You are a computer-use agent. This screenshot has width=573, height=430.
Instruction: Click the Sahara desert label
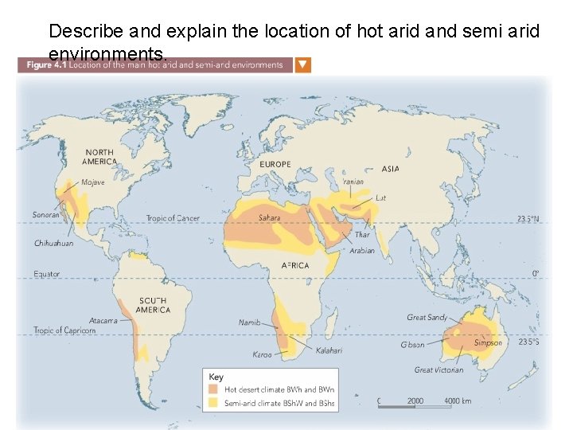(x=269, y=217)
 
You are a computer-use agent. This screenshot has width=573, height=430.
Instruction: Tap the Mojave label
(x=93, y=182)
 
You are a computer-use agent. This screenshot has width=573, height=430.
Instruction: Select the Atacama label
(x=103, y=321)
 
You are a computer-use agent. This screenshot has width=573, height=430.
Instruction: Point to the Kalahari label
(x=329, y=350)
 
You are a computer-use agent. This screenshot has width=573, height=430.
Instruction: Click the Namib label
(x=249, y=322)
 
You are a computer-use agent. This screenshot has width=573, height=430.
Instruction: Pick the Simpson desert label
(x=488, y=343)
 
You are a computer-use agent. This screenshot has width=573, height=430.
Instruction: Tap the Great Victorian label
(x=439, y=370)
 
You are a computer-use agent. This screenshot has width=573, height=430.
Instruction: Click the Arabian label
(x=362, y=251)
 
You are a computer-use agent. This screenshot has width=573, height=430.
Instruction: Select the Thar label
(x=362, y=235)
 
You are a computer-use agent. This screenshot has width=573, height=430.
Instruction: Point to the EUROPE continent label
(x=275, y=165)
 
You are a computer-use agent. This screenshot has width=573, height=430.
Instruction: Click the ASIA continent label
(x=391, y=169)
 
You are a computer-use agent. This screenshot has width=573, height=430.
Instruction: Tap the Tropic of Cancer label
(x=173, y=218)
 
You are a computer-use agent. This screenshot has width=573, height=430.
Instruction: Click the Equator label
(x=46, y=274)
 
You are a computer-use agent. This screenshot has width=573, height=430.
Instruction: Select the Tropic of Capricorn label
(x=64, y=330)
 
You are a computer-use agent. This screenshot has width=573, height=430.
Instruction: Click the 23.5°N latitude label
(x=528, y=218)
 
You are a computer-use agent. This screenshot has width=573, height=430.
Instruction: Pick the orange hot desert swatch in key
(x=214, y=390)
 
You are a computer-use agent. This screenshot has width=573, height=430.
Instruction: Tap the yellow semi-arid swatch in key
(x=214, y=403)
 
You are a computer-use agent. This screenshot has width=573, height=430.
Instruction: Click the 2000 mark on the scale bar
(x=415, y=401)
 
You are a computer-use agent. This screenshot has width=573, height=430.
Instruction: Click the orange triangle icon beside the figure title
(x=303, y=64)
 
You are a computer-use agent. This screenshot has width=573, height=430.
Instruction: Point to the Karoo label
(x=262, y=354)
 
